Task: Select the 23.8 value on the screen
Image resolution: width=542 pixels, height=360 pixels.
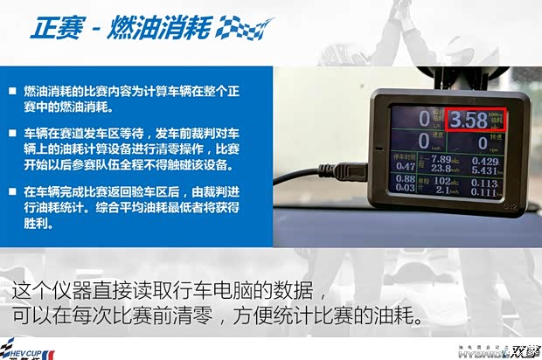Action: coord(439,170)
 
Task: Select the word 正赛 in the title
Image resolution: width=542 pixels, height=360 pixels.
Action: coord(58,27)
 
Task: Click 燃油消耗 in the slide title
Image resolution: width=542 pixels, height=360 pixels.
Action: coord(159,27)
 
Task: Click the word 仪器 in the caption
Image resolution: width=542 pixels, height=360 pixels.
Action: coord(95,291)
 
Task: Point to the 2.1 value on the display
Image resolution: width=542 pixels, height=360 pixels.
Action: coord(441,191)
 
